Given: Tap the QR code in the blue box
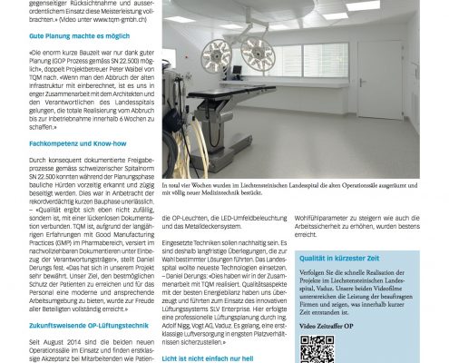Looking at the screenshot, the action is [317, 349].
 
